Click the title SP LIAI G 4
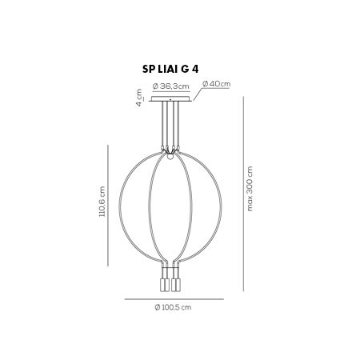pos(170,70)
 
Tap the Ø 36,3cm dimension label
pos(171,86)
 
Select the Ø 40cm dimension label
pos(216,83)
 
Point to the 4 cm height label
pos(139,98)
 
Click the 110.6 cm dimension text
pos(102,202)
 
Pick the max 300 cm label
pos(250,189)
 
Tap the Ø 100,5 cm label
pos(173,307)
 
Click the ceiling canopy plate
pos(170,99)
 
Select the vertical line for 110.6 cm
pos(108,206)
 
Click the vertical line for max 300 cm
pos(243,194)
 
